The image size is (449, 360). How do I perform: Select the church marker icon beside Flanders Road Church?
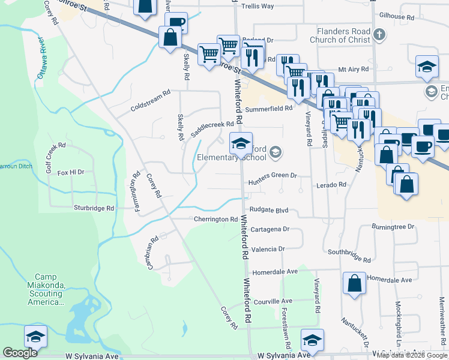[x=379, y=35]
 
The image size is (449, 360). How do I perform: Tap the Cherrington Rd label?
[x=215, y=219]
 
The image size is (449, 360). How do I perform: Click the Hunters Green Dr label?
[x=273, y=175]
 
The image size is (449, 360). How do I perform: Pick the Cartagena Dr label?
[x=270, y=229]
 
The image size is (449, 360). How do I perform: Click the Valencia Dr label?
[x=268, y=248]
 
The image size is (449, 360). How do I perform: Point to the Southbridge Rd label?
[x=349, y=256]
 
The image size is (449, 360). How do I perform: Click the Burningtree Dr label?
[x=393, y=227]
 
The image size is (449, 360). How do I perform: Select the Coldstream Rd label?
[x=151, y=101]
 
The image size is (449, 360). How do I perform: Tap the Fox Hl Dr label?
[x=71, y=172]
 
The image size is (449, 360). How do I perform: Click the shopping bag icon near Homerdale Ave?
[x=354, y=283]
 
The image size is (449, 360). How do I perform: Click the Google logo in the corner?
[x=20, y=353]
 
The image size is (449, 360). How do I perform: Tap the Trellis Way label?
[x=257, y=6]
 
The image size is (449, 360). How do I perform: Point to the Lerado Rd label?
[x=331, y=185]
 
